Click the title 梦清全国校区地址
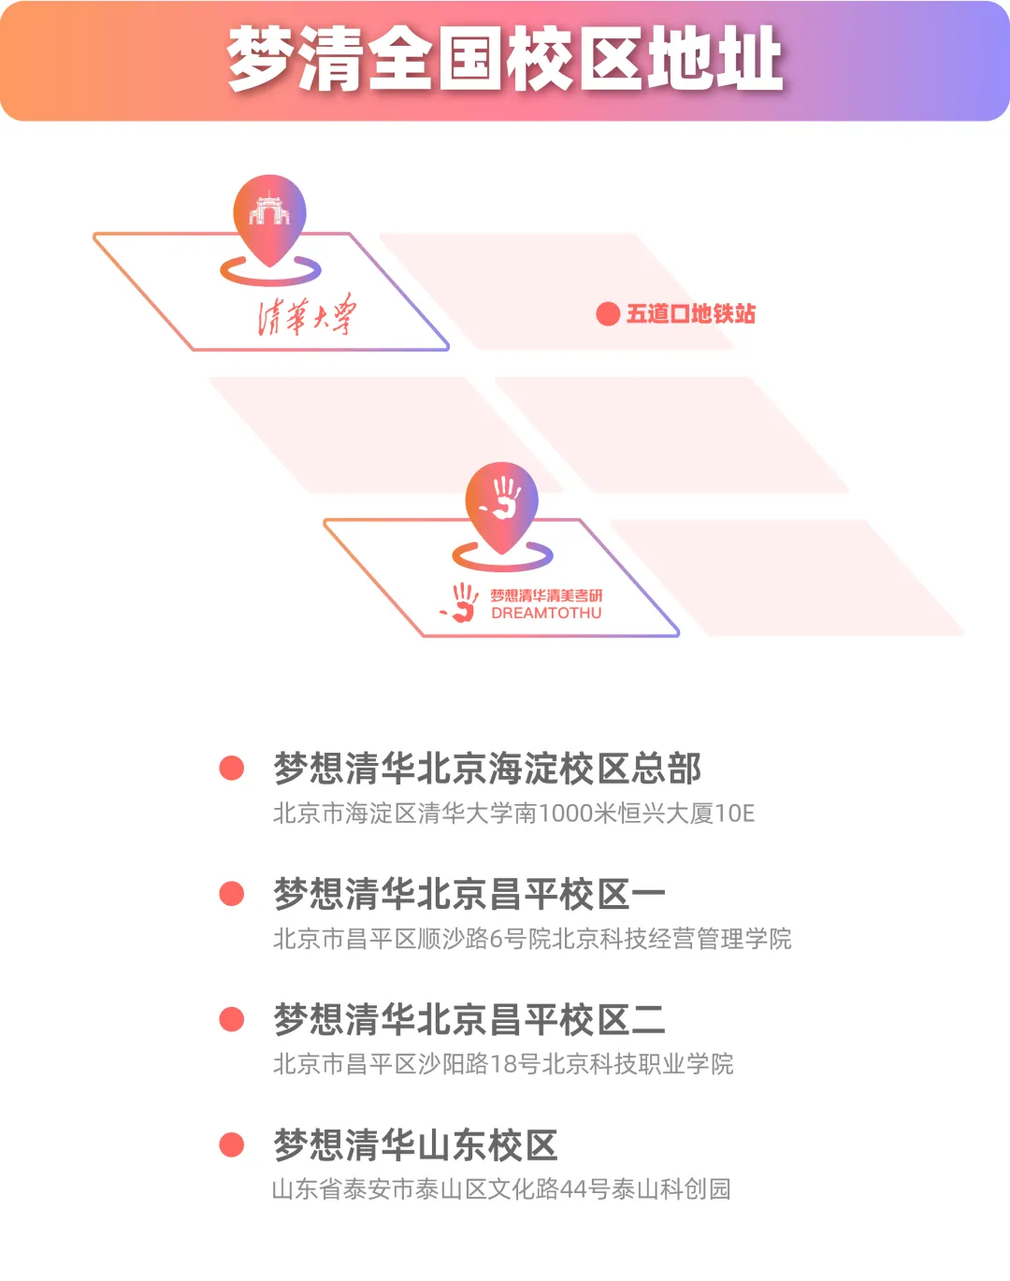click(x=505, y=59)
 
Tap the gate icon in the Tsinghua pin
click(x=269, y=209)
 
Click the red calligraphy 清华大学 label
click(x=307, y=315)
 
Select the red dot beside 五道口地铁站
click(x=608, y=314)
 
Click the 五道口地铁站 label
click(x=690, y=314)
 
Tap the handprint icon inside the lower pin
click(x=503, y=497)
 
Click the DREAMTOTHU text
click(x=546, y=613)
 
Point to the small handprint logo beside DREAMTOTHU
click(x=461, y=602)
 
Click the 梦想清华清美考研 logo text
click(x=546, y=595)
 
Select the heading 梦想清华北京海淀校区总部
click(x=487, y=769)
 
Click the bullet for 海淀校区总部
click(x=231, y=769)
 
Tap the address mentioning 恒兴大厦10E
click(x=513, y=813)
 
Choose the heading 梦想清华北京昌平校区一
click(x=469, y=894)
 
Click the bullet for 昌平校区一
click(x=231, y=894)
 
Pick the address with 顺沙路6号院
click(x=532, y=939)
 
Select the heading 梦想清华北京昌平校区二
click(x=469, y=1019)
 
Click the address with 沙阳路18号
click(x=503, y=1064)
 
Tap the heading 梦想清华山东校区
click(x=415, y=1144)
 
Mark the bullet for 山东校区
click(x=231, y=1144)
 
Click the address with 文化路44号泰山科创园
click(x=501, y=1189)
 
